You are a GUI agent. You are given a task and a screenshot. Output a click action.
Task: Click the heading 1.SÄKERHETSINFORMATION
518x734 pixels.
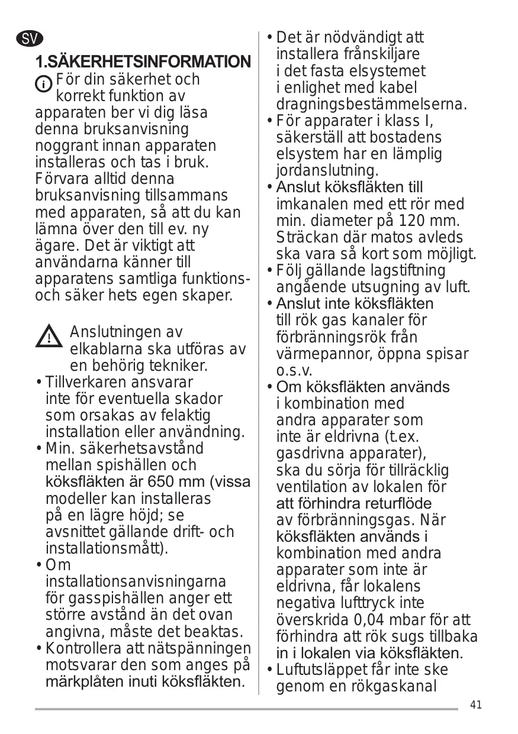[x=143, y=62]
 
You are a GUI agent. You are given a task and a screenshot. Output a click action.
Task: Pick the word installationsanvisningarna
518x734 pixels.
[x=136, y=583]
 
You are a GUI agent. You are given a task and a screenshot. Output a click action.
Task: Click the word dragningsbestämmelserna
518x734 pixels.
[x=371, y=105]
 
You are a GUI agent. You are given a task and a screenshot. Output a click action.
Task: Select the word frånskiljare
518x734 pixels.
[x=381, y=54]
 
